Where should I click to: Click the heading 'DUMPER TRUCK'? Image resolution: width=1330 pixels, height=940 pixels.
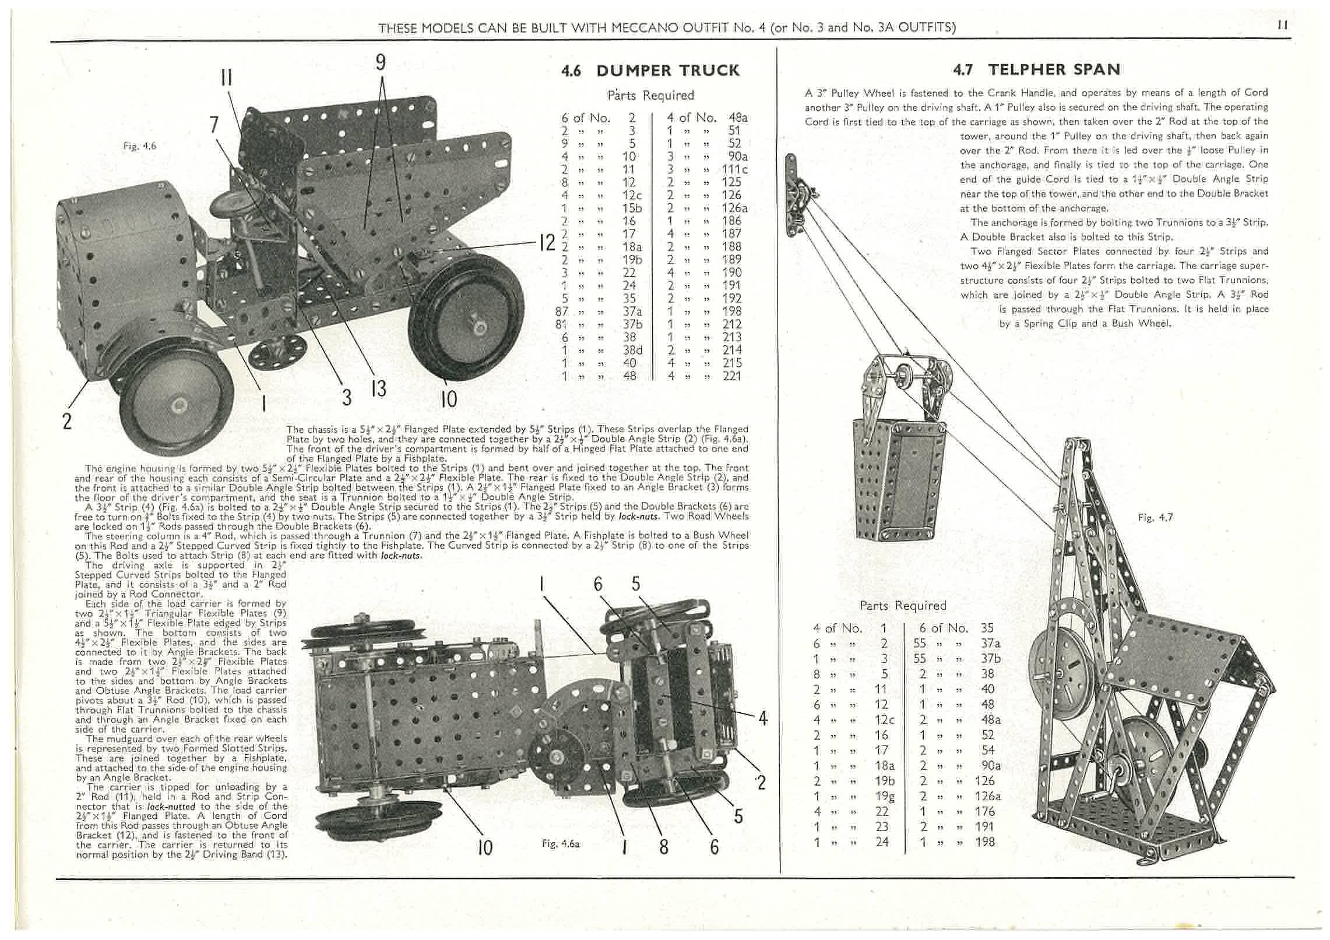click(x=667, y=71)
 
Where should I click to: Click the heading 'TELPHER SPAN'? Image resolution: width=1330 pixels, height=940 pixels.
click(x=1054, y=70)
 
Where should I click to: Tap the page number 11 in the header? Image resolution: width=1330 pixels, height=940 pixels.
click(x=1282, y=26)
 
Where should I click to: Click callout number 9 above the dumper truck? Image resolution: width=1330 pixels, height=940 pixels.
click(x=381, y=62)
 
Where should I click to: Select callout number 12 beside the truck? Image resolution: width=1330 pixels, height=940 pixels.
click(x=547, y=243)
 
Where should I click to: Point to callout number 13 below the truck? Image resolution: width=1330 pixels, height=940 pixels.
click(x=378, y=388)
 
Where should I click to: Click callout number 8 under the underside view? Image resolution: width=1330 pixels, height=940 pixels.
click(x=663, y=846)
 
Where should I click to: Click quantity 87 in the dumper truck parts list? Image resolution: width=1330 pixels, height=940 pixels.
click(x=562, y=312)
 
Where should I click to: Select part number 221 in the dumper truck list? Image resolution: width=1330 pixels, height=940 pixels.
click(x=731, y=376)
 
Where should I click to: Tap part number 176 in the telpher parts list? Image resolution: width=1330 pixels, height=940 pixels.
click(x=986, y=811)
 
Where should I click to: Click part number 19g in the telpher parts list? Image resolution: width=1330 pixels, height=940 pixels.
click(x=884, y=796)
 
